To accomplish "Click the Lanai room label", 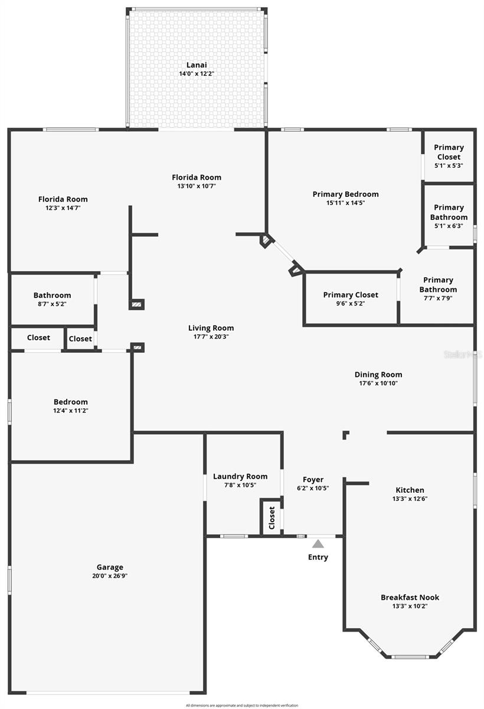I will click(x=197, y=65).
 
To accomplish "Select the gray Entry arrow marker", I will click(x=318, y=544).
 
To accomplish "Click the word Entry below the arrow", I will click(x=318, y=557).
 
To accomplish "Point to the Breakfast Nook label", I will click(x=410, y=597).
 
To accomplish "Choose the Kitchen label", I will click(x=410, y=490).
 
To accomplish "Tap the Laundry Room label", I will click(x=240, y=476).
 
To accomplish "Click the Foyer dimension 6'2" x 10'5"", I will click(x=313, y=488).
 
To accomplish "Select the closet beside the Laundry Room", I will click(x=272, y=518).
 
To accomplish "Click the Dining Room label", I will click(x=378, y=374).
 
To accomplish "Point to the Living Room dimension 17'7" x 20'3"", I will click(x=211, y=337).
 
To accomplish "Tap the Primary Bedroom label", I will click(x=346, y=194).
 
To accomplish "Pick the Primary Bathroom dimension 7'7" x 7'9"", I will click(x=438, y=298).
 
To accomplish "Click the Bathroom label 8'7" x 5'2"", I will click(x=52, y=295).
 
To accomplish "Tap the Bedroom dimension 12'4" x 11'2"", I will click(x=71, y=411).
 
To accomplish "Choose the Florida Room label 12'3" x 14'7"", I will click(x=63, y=199).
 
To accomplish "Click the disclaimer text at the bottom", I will click(x=242, y=705).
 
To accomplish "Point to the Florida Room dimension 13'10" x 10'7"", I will click(x=197, y=186).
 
